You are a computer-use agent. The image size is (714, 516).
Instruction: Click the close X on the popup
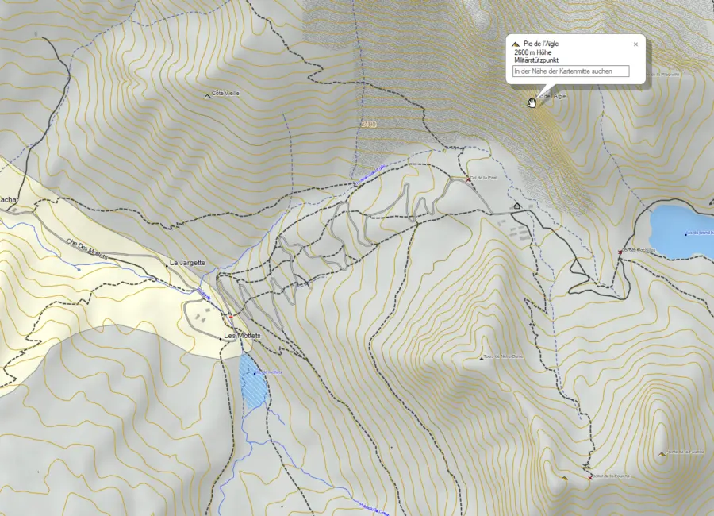(635, 44)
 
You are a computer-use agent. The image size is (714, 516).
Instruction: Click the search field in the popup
(571, 71)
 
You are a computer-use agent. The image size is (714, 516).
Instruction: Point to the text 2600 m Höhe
(532, 52)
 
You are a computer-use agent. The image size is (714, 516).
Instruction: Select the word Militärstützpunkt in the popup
(536, 60)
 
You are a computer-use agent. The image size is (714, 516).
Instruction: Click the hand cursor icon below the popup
(532, 101)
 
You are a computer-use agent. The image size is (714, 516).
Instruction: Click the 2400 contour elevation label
(367, 125)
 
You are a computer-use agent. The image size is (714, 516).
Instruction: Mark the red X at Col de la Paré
(468, 179)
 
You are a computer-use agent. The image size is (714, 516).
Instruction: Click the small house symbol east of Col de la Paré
(517, 206)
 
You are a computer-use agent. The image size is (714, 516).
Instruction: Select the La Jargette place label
(187, 262)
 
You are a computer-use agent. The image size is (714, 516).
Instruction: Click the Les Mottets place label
(242, 336)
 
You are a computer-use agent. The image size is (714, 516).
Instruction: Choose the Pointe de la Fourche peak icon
(662, 453)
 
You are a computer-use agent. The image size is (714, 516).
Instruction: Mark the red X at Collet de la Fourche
(590, 478)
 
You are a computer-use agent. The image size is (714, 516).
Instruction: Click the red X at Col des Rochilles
(620, 252)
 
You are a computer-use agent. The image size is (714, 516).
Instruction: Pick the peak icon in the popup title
(516, 44)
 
